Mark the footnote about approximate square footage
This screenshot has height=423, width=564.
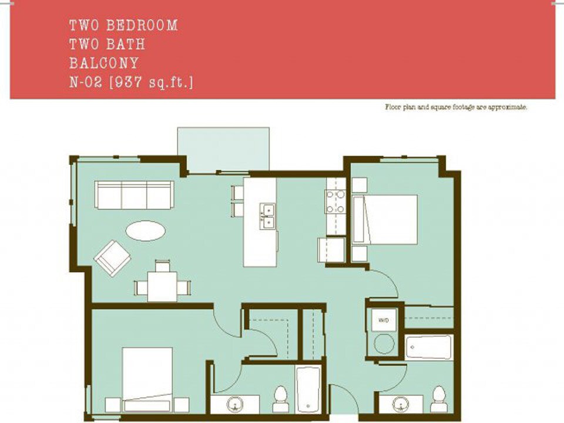click(456, 108)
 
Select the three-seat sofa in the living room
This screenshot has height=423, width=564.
click(135, 194)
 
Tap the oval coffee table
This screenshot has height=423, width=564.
click(145, 230)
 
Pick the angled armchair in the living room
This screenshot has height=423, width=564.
click(113, 257)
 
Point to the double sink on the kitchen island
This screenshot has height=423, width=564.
click(267, 215)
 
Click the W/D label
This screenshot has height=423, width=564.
click(384, 320)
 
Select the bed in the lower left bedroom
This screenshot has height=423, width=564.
click(147, 378)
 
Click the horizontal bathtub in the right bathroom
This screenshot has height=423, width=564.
click(428, 347)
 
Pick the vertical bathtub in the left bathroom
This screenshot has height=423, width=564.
click(308, 389)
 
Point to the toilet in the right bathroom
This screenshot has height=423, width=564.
click(438, 398)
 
